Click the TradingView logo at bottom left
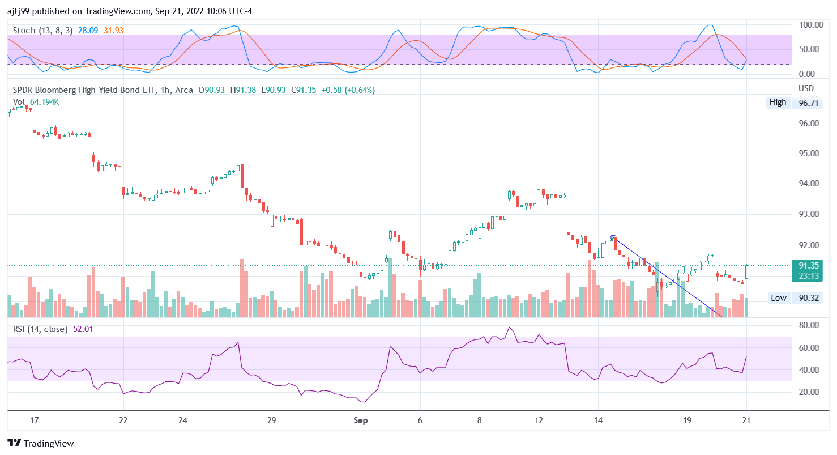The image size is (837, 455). (x=40, y=443)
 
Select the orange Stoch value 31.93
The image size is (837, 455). (x=113, y=31)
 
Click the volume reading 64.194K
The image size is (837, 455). (x=44, y=102)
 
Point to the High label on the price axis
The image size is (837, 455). (x=778, y=102)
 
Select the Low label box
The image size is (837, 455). (x=778, y=297)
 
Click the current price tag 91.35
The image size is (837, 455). (x=809, y=265)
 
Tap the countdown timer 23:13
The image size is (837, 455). (x=809, y=275)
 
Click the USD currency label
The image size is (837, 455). (x=806, y=88)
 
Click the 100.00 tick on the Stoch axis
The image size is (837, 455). (x=810, y=25)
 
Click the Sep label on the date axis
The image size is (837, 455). (x=360, y=420)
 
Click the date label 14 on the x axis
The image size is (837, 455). (x=598, y=420)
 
